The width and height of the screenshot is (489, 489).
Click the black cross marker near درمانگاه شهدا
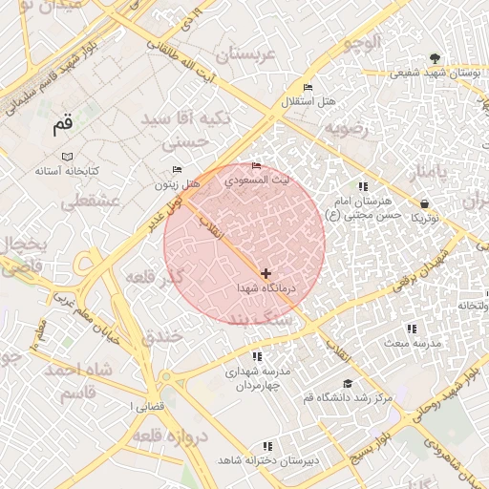[266, 274]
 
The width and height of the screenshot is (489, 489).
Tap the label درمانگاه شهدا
[268, 287]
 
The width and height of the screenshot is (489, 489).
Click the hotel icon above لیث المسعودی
[255, 167]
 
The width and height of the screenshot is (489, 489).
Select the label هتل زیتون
[179, 183]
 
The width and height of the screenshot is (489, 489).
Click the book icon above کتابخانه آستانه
[66, 157]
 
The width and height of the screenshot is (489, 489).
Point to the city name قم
[63, 125]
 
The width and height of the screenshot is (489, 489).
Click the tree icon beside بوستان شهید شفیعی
[436, 58]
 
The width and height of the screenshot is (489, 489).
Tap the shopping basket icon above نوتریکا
[424, 203]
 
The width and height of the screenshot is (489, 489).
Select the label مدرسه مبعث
[411, 342]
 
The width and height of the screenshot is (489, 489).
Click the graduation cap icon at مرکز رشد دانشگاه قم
[348, 383]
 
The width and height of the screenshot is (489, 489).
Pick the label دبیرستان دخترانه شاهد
[267, 460]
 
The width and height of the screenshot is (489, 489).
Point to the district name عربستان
[246, 54]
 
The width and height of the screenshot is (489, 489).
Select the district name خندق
[160, 337]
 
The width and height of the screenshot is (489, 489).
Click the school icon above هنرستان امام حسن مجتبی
[362, 186]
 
